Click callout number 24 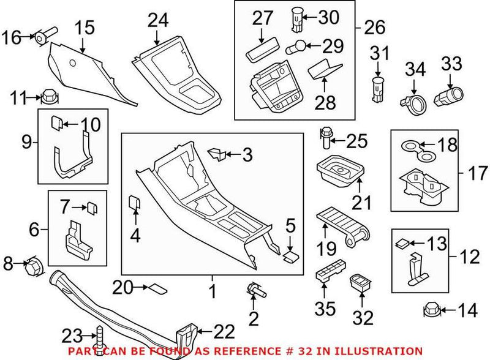tap(157, 21)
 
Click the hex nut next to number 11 tap(47, 96)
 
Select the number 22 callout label tap(225, 331)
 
